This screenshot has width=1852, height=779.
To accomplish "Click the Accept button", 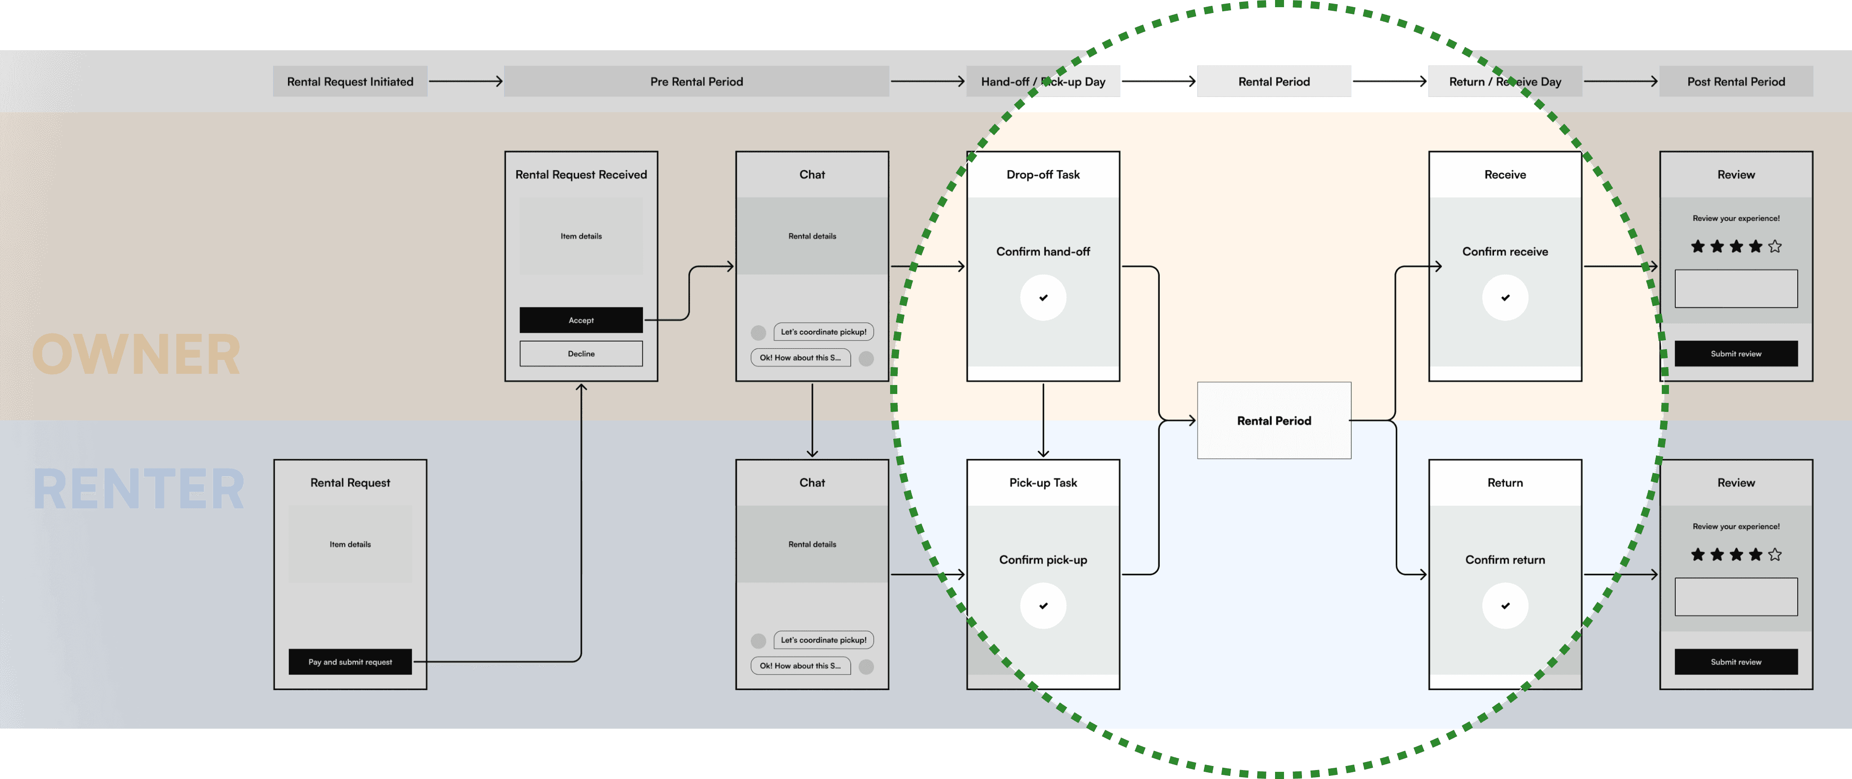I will [581, 320].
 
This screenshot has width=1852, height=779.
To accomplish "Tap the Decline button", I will [581, 354].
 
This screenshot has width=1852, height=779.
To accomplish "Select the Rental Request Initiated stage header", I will [350, 81].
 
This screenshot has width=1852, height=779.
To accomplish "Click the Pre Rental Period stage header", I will [696, 81].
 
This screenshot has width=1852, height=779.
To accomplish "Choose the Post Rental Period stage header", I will [1735, 81].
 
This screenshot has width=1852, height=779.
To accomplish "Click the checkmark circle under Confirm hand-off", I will [1043, 297].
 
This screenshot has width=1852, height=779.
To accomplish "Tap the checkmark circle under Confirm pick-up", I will [1043, 606].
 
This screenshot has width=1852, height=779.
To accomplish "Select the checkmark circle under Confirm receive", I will [1505, 297].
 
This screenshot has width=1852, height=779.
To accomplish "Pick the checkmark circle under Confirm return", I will [1505, 606].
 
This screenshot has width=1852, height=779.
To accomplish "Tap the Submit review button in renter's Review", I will [1735, 662].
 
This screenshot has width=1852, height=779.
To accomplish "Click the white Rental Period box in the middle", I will [1273, 421].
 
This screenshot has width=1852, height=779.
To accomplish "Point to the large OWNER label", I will [136, 354].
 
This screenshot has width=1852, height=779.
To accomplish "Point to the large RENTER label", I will [139, 489].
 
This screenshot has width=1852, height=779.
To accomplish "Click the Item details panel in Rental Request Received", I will [581, 236].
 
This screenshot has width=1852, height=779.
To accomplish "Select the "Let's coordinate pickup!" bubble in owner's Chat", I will [823, 332].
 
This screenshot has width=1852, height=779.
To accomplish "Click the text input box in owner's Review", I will [1735, 289].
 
